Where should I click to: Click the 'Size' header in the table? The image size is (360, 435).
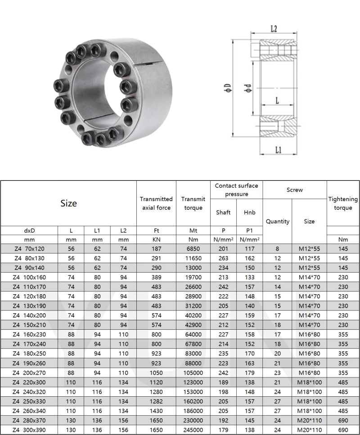point(68,203)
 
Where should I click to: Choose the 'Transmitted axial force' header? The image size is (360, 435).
point(156,203)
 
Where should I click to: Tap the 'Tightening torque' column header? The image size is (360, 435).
point(343,203)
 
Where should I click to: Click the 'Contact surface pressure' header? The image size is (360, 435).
point(236,190)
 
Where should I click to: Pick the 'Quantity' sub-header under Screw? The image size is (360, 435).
point(277,221)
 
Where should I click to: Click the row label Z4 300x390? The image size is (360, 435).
point(30,429)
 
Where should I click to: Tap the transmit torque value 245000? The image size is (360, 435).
point(193,429)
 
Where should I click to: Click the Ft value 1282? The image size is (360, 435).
point(156,401)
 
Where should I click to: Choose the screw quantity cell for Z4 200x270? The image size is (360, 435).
point(277,372)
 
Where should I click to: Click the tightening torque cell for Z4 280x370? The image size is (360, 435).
point(343,420)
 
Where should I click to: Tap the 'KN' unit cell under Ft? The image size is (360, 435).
point(156,240)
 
